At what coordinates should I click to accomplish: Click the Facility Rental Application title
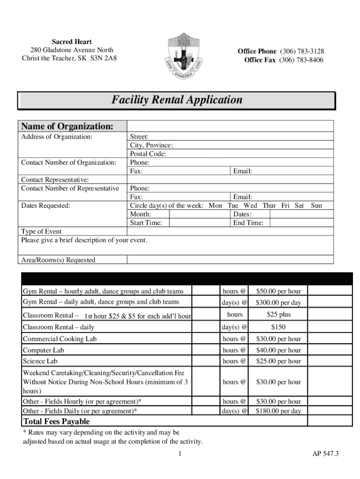point(177,100)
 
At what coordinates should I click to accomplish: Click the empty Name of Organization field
point(230,126)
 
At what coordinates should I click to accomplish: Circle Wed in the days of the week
point(251,206)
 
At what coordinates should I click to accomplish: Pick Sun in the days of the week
point(316,206)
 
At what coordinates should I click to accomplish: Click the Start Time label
point(146,223)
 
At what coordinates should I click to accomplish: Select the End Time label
point(248,223)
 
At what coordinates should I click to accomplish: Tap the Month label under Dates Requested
point(140,214)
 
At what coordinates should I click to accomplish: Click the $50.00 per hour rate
point(279,291)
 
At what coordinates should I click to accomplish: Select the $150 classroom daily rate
point(279,327)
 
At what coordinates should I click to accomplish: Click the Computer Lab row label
point(43,350)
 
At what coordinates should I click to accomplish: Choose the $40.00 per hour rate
point(279,350)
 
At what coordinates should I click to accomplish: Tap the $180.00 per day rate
point(279,411)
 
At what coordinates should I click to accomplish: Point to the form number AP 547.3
point(325,454)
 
